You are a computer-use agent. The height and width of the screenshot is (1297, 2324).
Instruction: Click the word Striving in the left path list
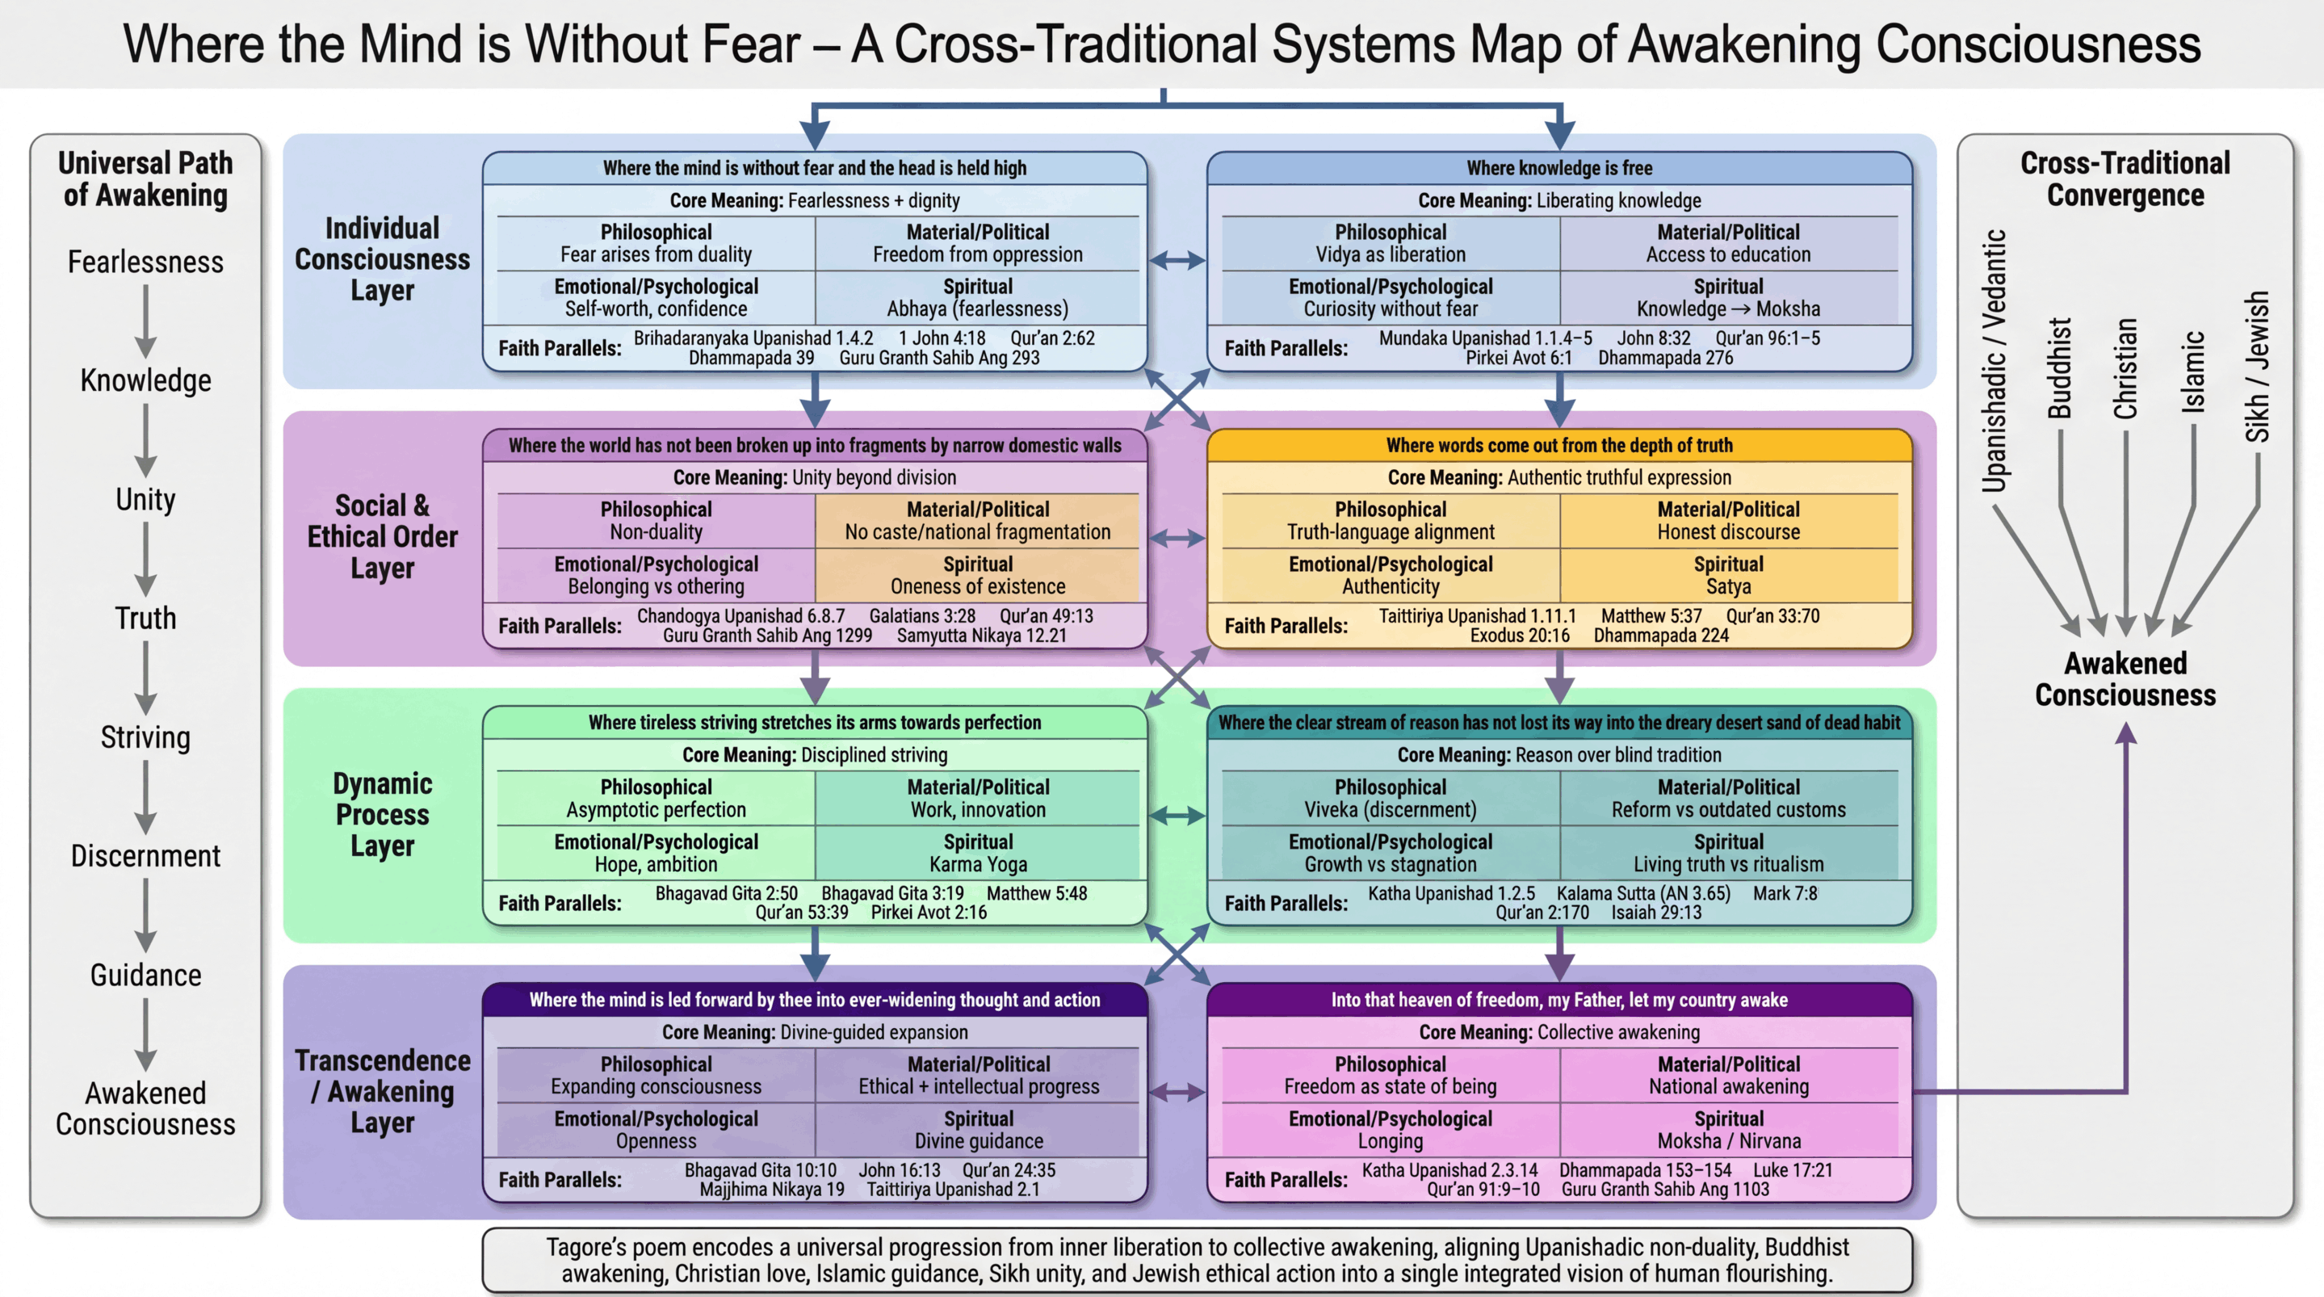tap(145, 737)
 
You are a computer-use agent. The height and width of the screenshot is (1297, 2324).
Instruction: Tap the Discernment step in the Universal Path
tap(145, 855)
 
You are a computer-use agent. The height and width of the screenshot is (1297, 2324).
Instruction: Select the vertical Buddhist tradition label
tap(2060, 368)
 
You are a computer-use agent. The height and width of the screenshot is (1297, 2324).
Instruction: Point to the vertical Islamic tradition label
tap(2193, 371)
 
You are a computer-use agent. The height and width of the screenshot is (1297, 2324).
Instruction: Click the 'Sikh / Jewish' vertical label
tap(2257, 367)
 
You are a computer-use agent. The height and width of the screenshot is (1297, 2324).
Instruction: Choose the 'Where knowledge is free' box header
tap(1559, 168)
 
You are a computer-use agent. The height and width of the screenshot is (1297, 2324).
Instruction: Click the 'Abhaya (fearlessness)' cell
tap(977, 299)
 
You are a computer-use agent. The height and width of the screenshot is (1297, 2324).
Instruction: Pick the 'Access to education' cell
tap(1728, 245)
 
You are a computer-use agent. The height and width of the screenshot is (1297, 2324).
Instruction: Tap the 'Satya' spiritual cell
tap(1728, 576)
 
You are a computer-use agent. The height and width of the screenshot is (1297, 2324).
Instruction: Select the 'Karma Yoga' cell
tap(978, 854)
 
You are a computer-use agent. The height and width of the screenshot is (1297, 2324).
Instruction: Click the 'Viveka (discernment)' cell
tap(1391, 800)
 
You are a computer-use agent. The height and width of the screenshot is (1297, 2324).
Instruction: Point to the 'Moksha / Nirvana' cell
tap(1728, 1131)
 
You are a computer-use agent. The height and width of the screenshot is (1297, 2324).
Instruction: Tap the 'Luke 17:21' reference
tap(1793, 1169)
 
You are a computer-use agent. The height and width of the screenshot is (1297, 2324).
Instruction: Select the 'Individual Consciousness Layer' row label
tap(383, 259)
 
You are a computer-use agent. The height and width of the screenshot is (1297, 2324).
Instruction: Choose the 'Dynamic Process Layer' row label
tap(383, 814)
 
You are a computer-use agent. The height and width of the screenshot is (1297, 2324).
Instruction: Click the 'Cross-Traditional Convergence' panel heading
tap(2125, 178)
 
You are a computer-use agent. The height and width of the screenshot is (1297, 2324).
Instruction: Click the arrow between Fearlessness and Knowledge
tap(145, 321)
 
